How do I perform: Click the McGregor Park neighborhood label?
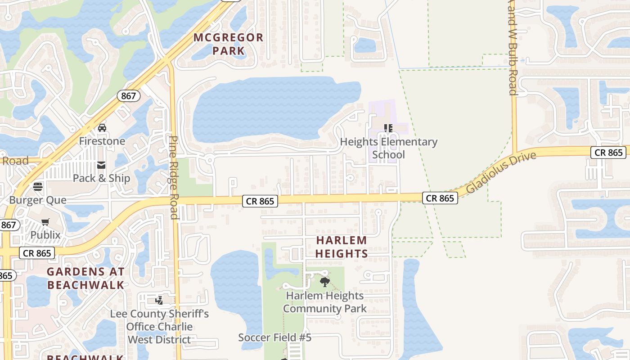229,44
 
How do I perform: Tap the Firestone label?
102,141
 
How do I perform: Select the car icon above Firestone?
102,128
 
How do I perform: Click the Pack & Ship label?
102,178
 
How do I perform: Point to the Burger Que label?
38,200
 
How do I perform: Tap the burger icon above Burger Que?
38,187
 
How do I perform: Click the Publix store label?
45,235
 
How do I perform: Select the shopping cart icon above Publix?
45,222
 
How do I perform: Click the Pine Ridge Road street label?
174,177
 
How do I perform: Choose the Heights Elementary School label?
388,148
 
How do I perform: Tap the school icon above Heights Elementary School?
388,128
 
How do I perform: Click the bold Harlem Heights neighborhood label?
342,247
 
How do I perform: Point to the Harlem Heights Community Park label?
325,302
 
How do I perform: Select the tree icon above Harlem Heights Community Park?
324,282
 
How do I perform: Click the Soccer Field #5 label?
275,337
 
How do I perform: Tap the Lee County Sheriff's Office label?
160,326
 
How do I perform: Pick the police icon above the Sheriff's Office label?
159,300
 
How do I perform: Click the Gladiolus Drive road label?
501,172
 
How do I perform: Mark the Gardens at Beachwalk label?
85,278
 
